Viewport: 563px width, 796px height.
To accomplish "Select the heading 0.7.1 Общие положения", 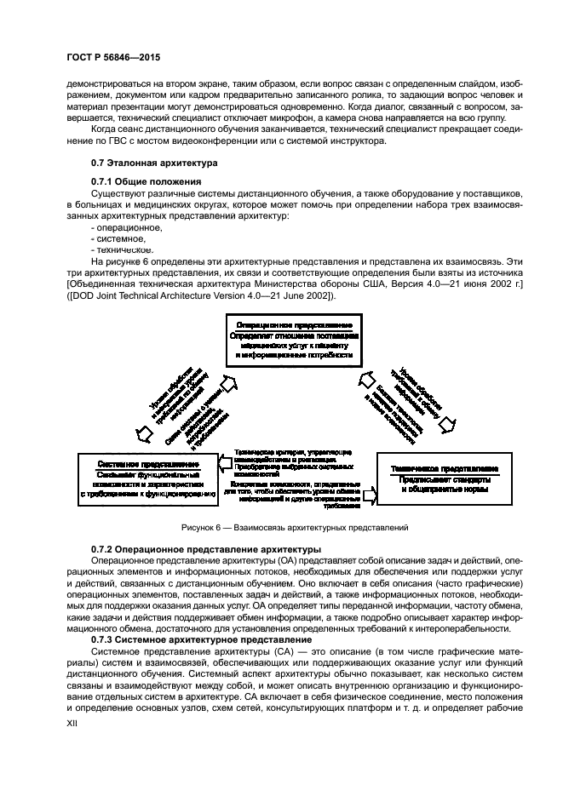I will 146,181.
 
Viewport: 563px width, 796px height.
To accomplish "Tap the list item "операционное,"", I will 125,227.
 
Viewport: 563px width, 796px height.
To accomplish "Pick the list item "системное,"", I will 118,238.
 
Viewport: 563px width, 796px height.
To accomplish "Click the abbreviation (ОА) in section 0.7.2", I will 266,562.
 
